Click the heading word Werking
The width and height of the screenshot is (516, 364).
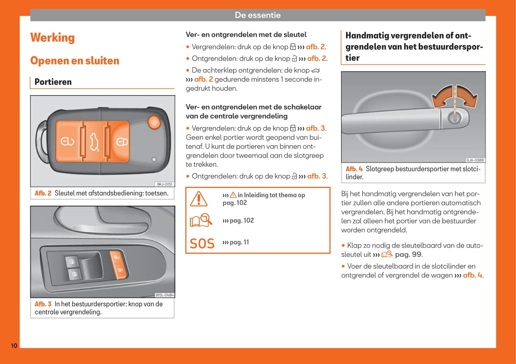(x=52, y=38)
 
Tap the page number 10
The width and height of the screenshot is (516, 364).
(x=14, y=346)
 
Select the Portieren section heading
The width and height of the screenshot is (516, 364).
(x=53, y=82)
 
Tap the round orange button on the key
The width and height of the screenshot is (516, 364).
(x=154, y=122)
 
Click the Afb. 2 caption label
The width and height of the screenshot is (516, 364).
(x=43, y=193)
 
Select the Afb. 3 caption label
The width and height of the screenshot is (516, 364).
(x=43, y=304)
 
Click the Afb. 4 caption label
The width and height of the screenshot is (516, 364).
(x=354, y=169)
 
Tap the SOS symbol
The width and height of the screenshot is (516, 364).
(x=202, y=243)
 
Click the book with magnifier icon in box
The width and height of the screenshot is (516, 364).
(x=201, y=220)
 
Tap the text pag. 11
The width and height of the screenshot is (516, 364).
(x=239, y=242)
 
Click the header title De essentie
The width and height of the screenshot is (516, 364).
(x=258, y=15)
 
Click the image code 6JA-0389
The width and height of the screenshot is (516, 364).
(x=475, y=160)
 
